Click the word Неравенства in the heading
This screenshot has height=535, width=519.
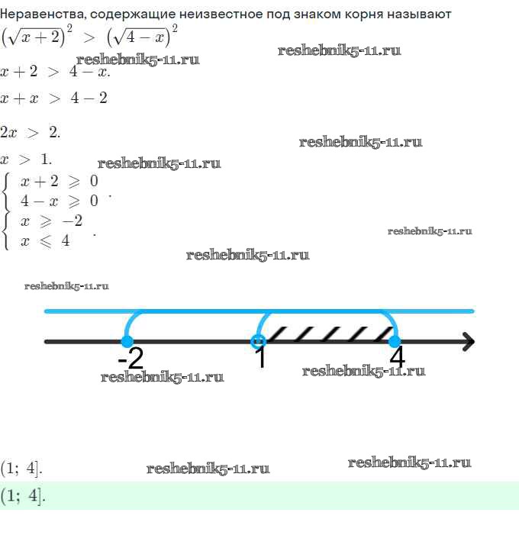coord(38,14)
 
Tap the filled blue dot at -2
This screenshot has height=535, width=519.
coord(127,341)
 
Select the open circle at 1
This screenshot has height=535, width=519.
coord(259,341)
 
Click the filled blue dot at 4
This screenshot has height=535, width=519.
coord(395,341)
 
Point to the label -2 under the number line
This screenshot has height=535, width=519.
coord(131,358)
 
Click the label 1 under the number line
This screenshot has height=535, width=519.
coord(260,358)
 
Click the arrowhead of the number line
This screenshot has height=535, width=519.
coord(467,341)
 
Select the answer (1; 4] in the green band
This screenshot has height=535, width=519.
coord(23,495)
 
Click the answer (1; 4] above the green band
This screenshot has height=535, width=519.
coord(21,467)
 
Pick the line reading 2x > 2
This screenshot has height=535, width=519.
coord(31,131)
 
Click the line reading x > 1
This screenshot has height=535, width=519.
coord(27,160)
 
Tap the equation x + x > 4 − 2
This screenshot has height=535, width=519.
coord(54,98)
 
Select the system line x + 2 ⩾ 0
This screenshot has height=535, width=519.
coord(60,182)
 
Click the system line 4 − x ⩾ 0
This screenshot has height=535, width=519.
coord(60,201)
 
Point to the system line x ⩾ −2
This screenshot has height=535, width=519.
coord(52,221)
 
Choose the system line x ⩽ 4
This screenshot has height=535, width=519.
coord(45,241)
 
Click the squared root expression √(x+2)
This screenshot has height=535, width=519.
coord(37,37)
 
